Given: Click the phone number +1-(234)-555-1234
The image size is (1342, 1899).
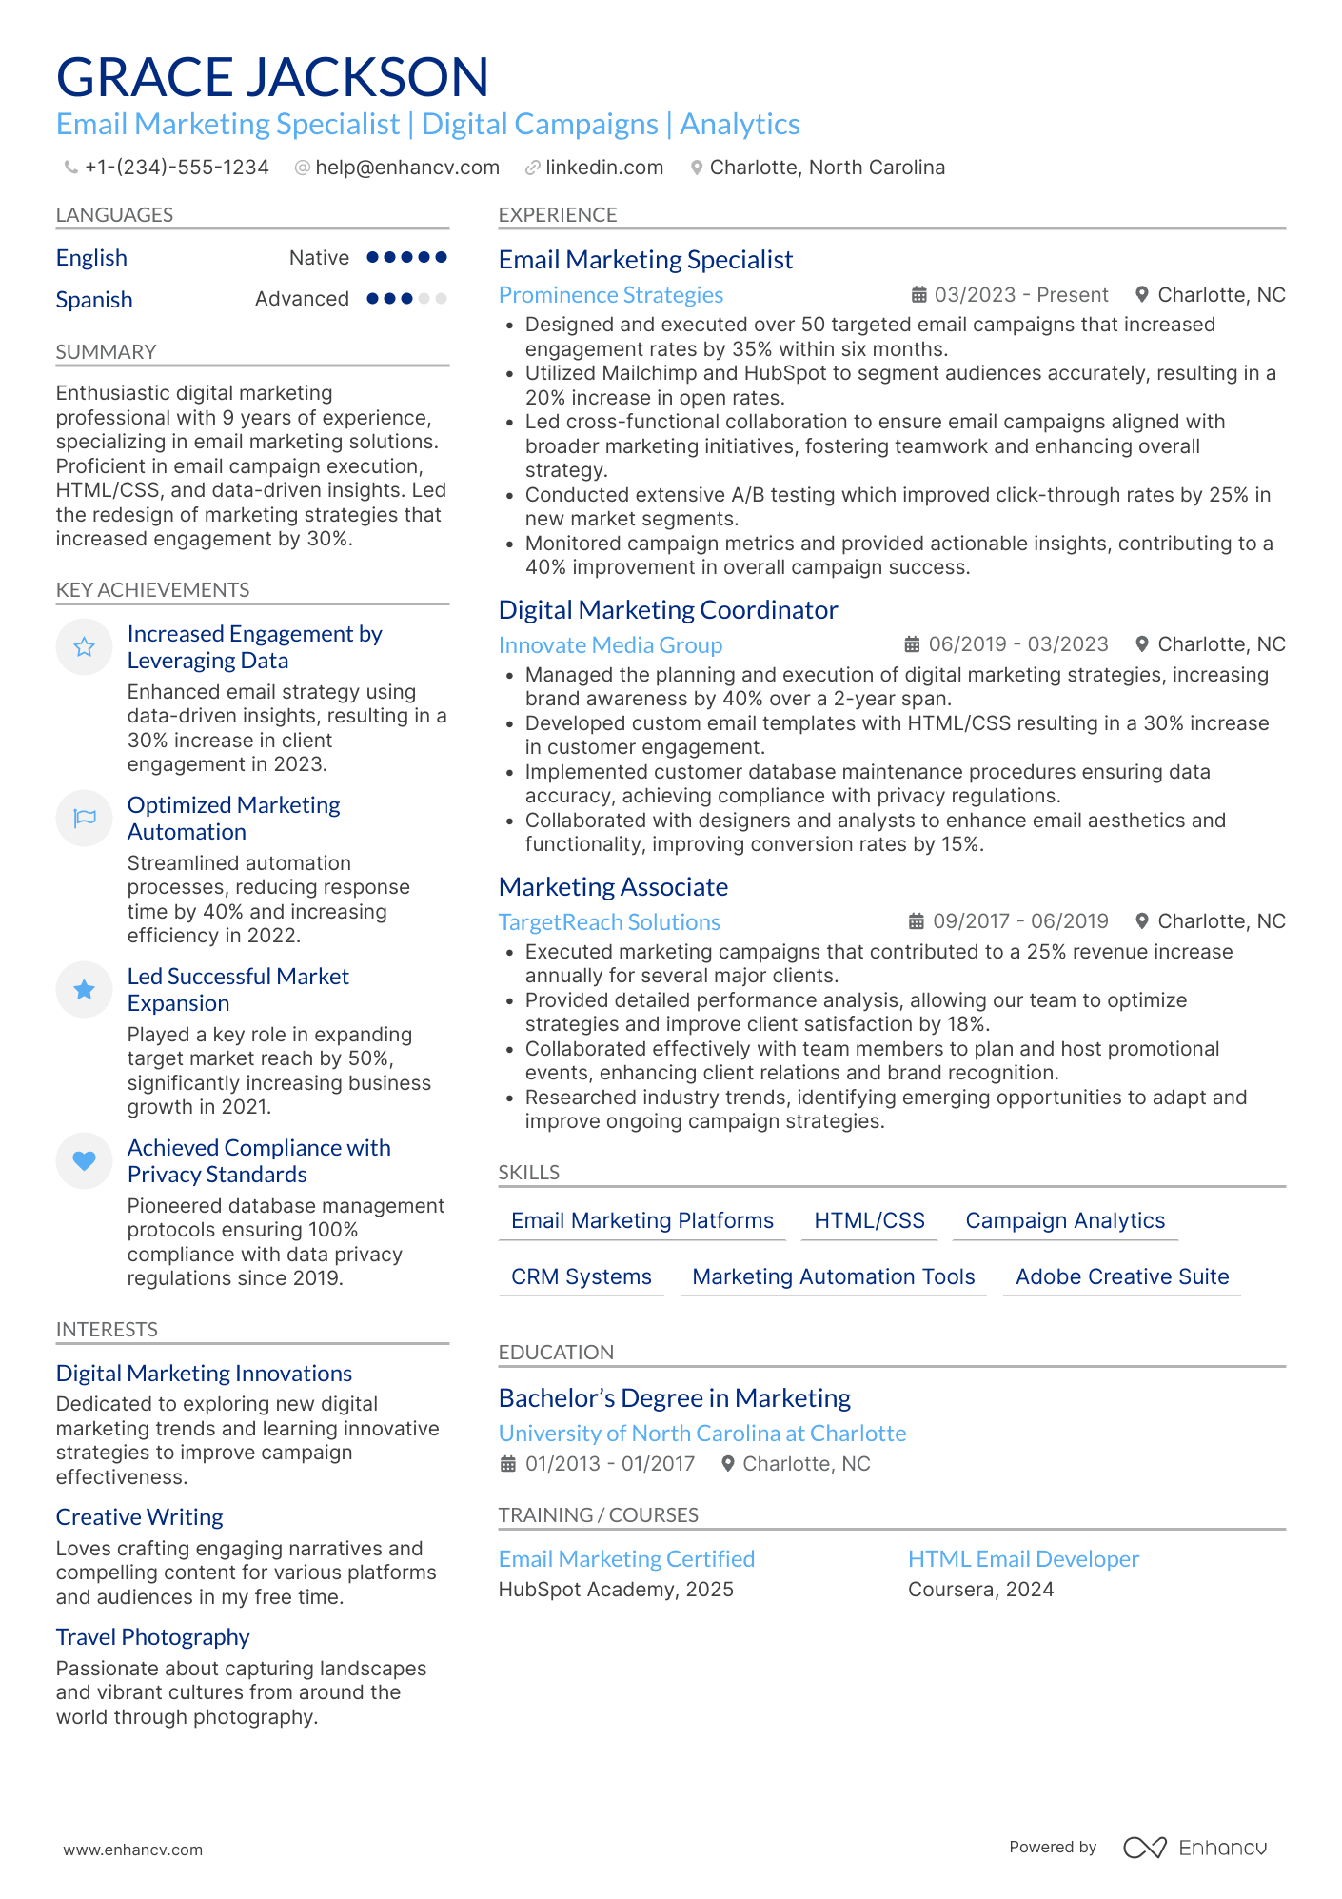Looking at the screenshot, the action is click(x=176, y=168).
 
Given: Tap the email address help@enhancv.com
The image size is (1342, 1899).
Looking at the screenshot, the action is click(x=406, y=168).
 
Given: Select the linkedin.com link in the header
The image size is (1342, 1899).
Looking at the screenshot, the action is click(x=603, y=168).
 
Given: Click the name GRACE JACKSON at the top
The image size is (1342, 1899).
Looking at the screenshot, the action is click(x=272, y=77).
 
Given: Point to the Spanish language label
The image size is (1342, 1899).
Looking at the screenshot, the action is click(x=94, y=300).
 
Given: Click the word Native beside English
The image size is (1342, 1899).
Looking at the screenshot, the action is click(x=319, y=258).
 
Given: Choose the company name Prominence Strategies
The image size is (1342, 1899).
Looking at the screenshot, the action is click(x=610, y=295).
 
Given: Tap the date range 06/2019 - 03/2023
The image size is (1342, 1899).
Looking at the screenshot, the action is click(x=1017, y=644).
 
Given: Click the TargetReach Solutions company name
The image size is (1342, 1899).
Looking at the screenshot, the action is click(x=609, y=922).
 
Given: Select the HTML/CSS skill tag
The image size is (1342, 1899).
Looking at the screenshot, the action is click(x=869, y=1220).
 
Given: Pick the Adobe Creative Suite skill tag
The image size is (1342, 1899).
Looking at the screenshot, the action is click(x=1121, y=1276).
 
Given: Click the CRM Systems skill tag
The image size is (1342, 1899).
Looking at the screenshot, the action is click(x=581, y=1276).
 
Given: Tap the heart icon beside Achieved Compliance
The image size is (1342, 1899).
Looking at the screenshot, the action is click(x=85, y=1160).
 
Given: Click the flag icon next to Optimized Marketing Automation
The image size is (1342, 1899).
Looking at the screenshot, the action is click(x=85, y=818).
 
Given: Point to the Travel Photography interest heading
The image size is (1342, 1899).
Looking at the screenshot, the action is click(x=152, y=1637).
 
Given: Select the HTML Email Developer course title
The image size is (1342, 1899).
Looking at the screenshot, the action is click(x=1023, y=1559).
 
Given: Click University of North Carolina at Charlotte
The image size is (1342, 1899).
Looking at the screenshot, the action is click(x=701, y=1434).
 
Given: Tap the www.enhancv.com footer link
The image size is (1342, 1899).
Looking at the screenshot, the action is click(x=133, y=1850).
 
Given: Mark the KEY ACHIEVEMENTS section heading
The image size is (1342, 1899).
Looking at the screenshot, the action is click(x=152, y=590).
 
